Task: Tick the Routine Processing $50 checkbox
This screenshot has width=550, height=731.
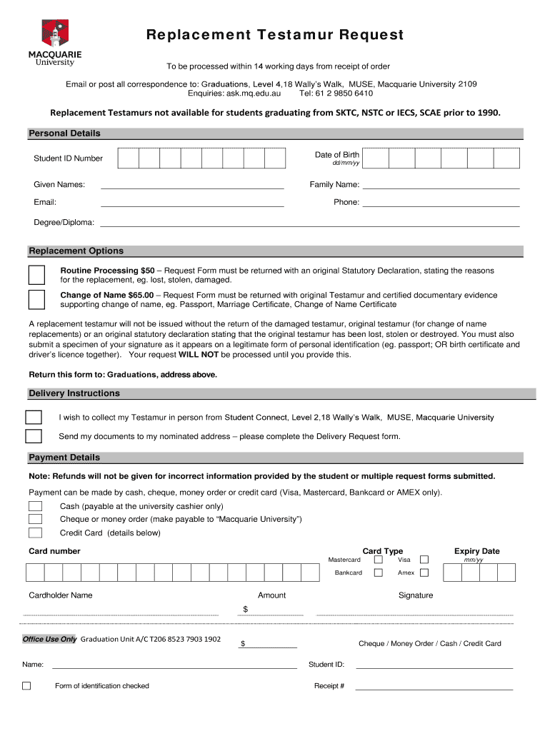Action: tap(36, 275)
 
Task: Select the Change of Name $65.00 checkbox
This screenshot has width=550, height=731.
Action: tap(36, 299)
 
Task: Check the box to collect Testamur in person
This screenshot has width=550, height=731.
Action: tap(34, 418)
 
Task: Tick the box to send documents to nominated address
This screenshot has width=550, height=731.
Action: tap(34, 436)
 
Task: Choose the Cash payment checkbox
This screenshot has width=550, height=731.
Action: tap(35, 506)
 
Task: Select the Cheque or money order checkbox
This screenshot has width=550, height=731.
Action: tap(35, 519)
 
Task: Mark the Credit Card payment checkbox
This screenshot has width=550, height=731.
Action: tap(35, 533)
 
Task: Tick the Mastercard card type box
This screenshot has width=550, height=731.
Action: tap(379, 560)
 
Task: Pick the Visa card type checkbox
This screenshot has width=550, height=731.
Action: tap(424, 560)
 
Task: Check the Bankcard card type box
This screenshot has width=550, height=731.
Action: tap(379, 573)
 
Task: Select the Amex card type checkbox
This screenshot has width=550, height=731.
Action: tap(424, 573)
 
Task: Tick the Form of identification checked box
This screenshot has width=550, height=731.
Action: tap(26, 686)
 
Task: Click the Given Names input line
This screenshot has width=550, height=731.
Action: tap(192, 186)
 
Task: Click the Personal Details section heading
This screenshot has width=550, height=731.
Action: tap(64, 133)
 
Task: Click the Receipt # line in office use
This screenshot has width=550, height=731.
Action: tap(434, 688)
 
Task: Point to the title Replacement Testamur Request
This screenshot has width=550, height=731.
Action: tap(276, 35)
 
